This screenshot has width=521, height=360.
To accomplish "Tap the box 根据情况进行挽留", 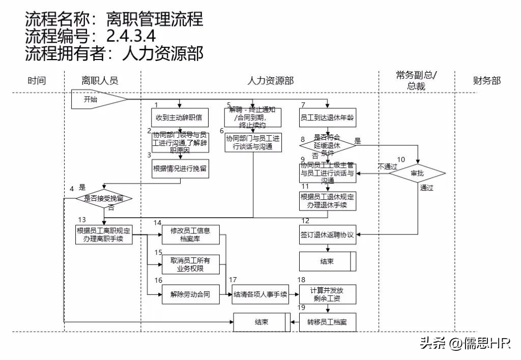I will (x=180, y=169).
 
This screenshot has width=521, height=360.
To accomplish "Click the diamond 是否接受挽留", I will (x=104, y=198).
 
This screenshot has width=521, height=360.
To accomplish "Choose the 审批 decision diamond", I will (x=417, y=173).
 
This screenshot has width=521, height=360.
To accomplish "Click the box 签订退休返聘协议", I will (x=327, y=235).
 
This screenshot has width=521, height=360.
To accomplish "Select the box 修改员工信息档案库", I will (x=190, y=234).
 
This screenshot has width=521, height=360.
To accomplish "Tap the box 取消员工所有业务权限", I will (x=190, y=264).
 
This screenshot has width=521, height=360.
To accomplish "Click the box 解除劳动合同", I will (x=190, y=294).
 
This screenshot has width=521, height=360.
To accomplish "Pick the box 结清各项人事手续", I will (x=260, y=294).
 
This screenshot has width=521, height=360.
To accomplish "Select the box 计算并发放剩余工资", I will (x=327, y=294).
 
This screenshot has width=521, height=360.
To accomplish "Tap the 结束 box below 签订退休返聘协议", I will (x=327, y=261).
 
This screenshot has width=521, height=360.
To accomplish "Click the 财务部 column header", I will (x=487, y=80).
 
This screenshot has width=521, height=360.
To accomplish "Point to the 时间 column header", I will (x=37, y=80).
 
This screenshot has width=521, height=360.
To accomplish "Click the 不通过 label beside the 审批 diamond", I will (x=386, y=166).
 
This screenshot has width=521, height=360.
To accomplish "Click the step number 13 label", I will (x=82, y=219).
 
